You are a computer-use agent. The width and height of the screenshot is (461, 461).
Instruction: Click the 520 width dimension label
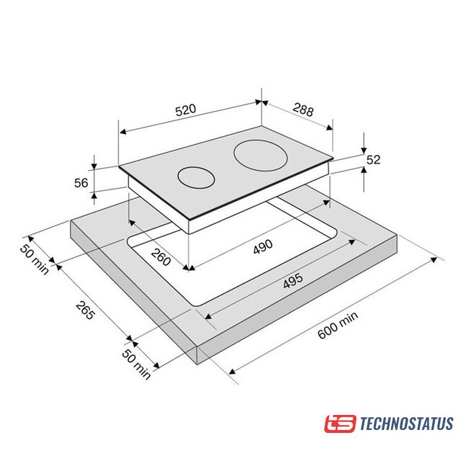[186, 109]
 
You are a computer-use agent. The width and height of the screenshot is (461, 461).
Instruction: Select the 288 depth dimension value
[303, 109]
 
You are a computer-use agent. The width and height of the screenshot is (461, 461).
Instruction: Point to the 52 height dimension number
[373, 160]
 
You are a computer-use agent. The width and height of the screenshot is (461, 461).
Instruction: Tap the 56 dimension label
[81, 183]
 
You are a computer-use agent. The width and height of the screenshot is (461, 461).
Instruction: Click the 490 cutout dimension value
[263, 246]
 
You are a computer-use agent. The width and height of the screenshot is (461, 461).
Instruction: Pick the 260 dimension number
[161, 256]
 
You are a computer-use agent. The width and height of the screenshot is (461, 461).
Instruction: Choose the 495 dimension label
[293, 281]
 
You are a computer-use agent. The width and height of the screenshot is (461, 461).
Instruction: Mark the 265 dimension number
[85, 310]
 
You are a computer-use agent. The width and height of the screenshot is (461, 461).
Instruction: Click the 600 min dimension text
[338, 325]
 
